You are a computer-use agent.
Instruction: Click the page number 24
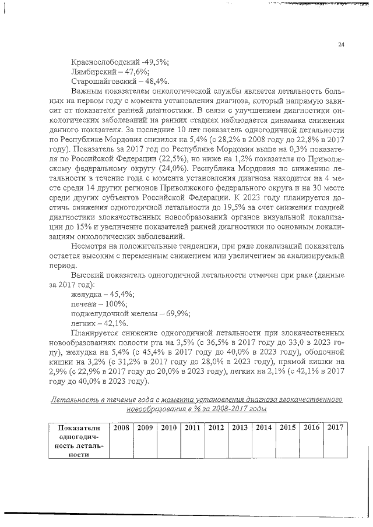pyautogui.click(x=341, y=44)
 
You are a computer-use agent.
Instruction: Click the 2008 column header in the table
pyautogui.click(x=121, y=428)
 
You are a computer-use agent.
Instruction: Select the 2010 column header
pyautogui.click(x=169, y=428)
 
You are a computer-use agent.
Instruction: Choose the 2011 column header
pyautogui.click(x=193, y=428)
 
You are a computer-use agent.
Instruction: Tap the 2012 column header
pyautogui.click(x=216, y=428)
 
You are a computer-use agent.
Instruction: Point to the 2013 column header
pyautogui.click(x=240, y=428)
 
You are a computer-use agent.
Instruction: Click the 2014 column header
pyautogui.click(x=264, y=428)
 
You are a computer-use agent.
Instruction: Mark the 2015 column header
pyautogui.click(x=288, y=428)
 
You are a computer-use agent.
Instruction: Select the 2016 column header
pyautogui.click(x=311, y=428)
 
